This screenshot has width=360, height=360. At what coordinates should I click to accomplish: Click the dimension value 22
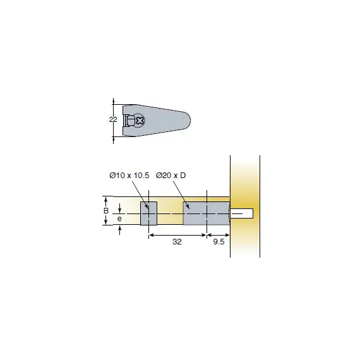113,119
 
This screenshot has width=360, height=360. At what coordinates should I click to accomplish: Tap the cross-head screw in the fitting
140,120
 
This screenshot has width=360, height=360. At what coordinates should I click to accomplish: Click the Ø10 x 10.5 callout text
129,176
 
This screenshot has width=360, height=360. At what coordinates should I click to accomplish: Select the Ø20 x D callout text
171,176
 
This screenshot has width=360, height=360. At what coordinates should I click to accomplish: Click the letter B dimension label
106,210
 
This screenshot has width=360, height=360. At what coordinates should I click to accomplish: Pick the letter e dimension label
119,219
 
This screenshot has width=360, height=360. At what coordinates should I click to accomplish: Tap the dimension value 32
177,242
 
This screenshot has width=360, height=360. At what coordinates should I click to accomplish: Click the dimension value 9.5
219,242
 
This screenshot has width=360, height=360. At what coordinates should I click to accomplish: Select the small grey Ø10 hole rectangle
149,213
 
